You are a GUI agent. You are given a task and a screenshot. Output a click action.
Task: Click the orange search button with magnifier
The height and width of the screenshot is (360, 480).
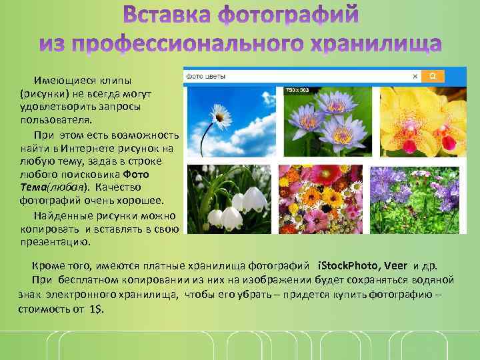pyautogui.click(x=433, y=77)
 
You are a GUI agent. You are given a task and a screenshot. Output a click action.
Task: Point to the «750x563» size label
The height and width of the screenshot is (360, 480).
pyautogui.click(x=298, y=89)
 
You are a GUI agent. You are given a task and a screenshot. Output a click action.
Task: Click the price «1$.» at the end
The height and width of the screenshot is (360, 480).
pyautogui.click(x=96, y=311)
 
